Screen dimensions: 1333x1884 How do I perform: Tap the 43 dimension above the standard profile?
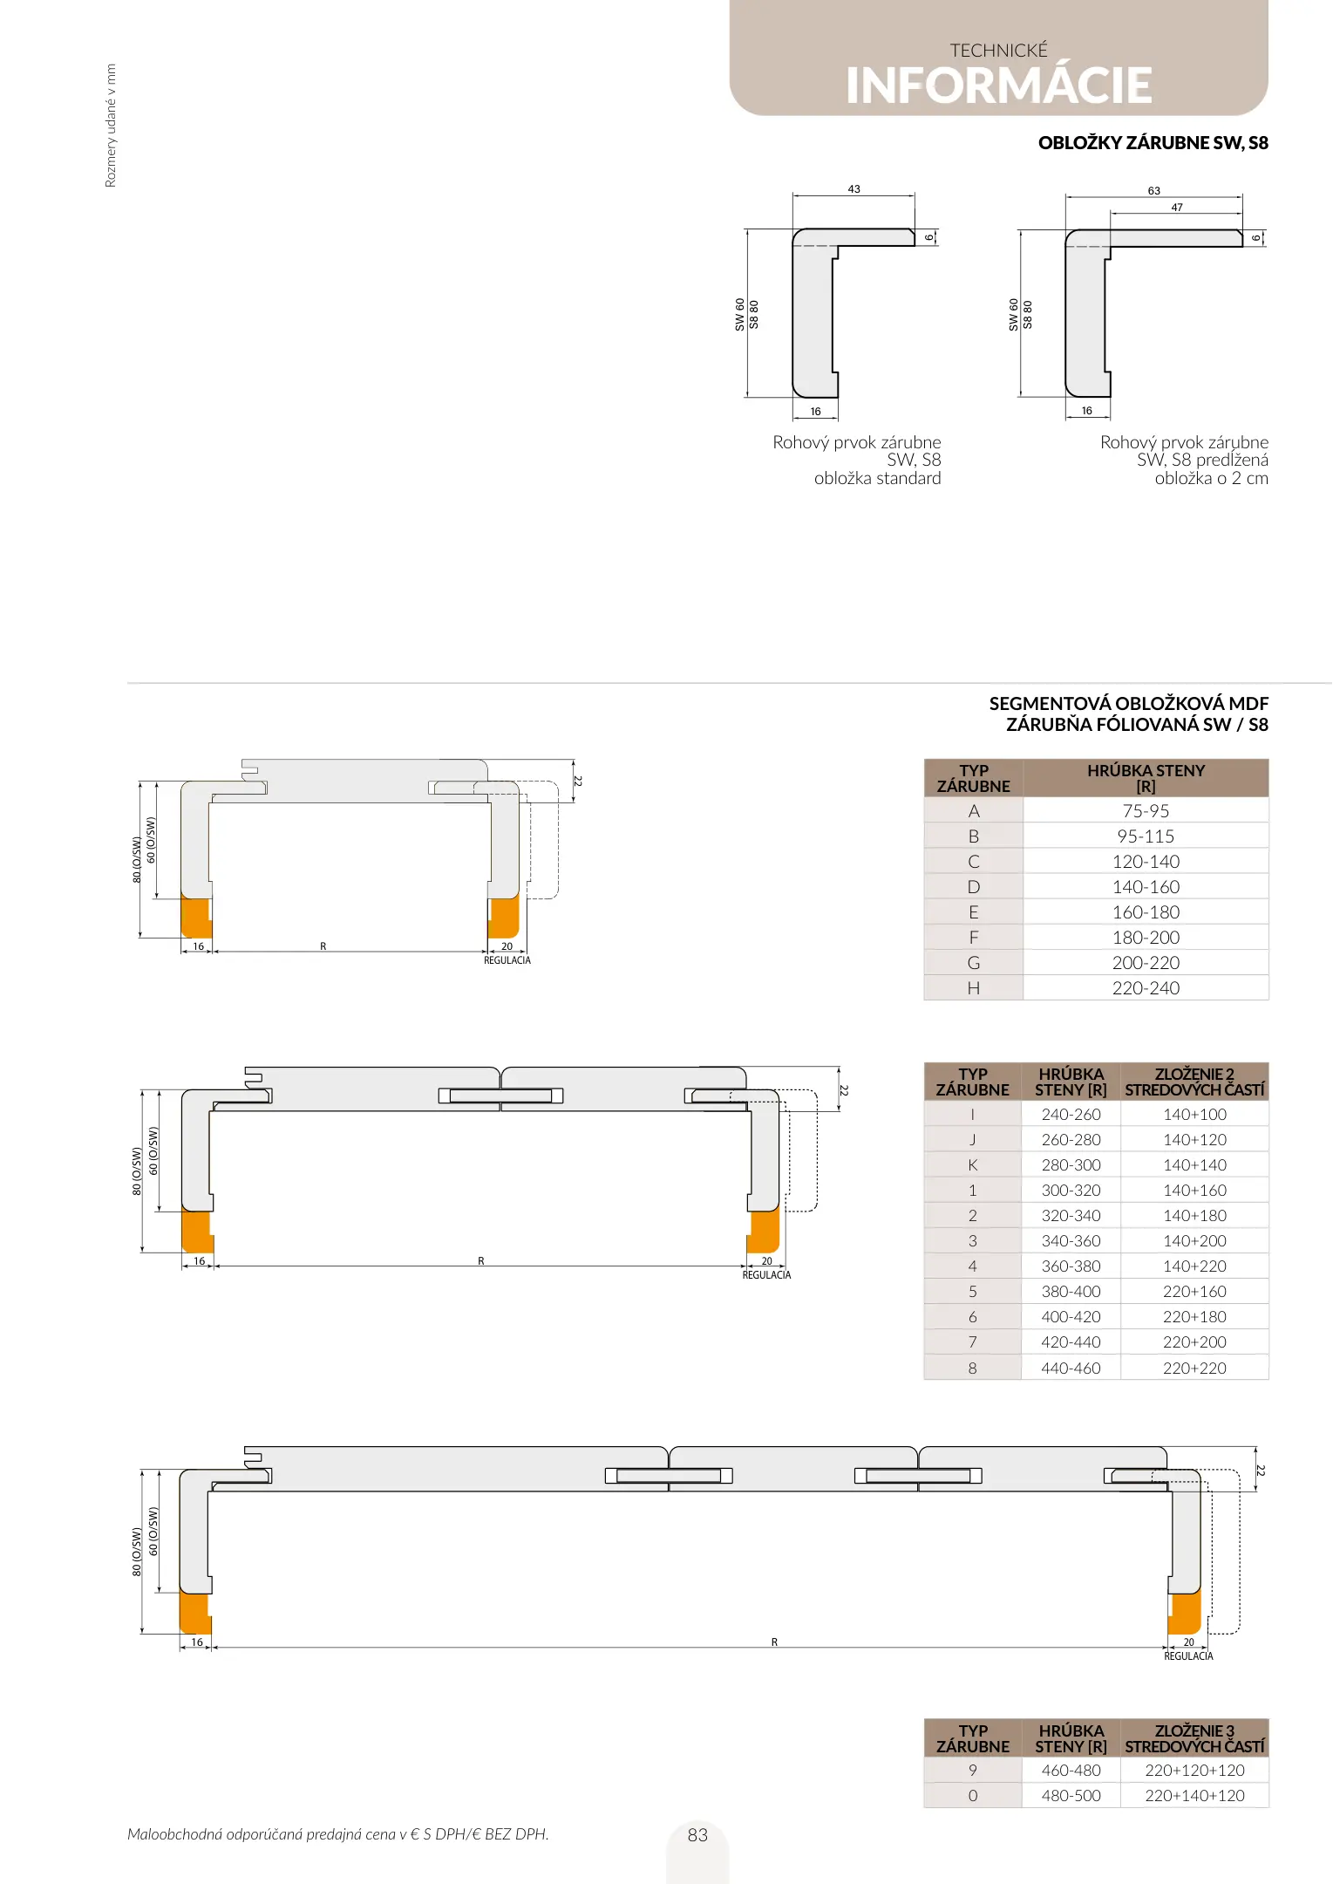click(x=854, y=189)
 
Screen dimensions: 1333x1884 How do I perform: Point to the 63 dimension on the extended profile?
click(x=1153, y=191)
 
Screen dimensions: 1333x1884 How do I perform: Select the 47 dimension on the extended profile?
click(x=1177, y=208)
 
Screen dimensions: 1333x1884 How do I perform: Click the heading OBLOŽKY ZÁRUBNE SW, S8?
click(x=1153, y=143)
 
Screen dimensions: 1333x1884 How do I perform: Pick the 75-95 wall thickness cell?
click(x=1146, y=811)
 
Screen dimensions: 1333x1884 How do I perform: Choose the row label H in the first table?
click(x=974, y=988)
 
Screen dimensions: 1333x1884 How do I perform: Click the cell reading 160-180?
click(x=1146, y=912)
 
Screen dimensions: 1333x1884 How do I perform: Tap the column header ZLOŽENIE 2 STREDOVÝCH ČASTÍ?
click(x=1194, y=1082)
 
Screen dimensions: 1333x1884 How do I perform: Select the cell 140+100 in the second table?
click(x=1194, y=1115)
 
